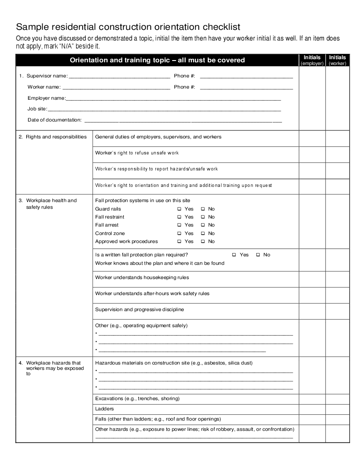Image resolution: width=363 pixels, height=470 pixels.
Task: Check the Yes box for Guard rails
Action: [180, 209]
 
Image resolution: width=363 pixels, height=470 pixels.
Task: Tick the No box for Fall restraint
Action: [203, 217]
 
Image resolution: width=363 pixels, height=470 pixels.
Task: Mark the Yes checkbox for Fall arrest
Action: [180, 225]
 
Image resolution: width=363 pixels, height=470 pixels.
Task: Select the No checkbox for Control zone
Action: [203, 233]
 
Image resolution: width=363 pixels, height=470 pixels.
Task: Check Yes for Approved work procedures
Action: [180, 242]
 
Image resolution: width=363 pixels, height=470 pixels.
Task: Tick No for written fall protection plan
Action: [258, 255]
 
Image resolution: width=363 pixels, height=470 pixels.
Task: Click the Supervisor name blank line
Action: [119, 77]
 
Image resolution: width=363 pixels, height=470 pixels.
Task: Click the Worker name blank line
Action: [116, 88]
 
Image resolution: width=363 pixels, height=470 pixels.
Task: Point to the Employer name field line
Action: [173, 99]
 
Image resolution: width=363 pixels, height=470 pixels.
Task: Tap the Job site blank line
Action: [164, 109]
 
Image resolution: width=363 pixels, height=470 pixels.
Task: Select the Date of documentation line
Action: [183, 121]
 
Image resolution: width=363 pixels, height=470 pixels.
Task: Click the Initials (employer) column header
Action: [312, 60]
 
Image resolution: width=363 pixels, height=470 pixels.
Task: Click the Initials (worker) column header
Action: [338, 60]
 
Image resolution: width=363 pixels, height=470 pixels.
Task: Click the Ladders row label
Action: [105, 409]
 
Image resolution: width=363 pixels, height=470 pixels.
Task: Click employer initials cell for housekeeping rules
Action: [312, 279]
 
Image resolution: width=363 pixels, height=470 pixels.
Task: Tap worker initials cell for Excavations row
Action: [338, 399]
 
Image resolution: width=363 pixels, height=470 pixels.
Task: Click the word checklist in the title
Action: [215, 27]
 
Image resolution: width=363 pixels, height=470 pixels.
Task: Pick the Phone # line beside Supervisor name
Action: [246, 77]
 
